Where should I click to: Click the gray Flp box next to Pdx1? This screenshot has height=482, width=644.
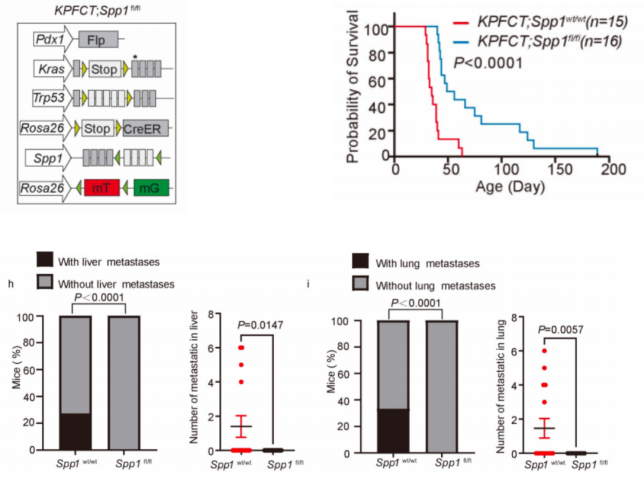(x=98, y=41)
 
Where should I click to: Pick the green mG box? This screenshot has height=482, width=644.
(x=151, y=188)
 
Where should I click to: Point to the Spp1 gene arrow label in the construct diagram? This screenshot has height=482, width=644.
(x=48, y=157)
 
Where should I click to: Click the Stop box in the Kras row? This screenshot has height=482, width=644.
(x=105, y=69)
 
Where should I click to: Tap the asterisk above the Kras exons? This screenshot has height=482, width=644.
(x=135, y=57)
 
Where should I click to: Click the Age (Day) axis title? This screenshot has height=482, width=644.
(x=510, y=187)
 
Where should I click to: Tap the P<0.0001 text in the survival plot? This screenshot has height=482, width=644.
(x=488, y=62)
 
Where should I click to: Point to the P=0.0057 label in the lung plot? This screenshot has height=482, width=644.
(x=561, y=329)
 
